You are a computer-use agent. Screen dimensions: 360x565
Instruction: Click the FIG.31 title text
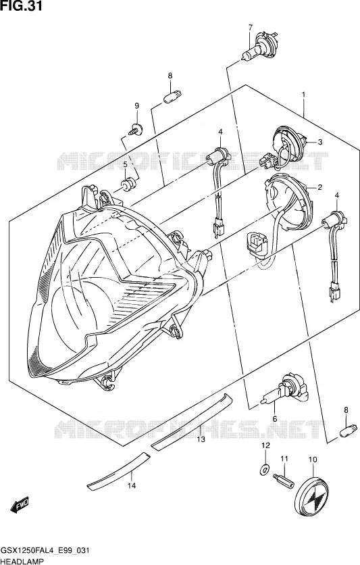click(x=21, y=6)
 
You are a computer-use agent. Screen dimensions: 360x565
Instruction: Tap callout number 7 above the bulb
click(x=250, y=26)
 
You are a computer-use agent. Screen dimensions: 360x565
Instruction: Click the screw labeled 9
click(x=136, y=129)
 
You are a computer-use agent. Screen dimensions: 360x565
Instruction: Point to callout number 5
click(x=125, y=165)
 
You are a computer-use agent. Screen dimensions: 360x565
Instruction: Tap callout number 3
click(x=319, y=142)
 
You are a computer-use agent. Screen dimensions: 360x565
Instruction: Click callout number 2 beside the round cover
click(x=319, y=187)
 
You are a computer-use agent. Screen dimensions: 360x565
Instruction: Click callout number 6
click(x=275, y=419)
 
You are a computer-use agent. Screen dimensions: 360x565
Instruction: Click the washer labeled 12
click(x=265, y=469)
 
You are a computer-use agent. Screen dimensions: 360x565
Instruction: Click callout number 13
click(x=201, y=439)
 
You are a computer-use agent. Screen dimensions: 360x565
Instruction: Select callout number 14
click(x=132, y=486)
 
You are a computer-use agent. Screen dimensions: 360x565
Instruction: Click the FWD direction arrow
click(x=20, y=504)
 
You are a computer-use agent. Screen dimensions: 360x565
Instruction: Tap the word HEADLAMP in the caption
click(x=22, y=562)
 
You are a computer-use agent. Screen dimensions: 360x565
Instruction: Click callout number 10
click(x=313, y=460)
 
